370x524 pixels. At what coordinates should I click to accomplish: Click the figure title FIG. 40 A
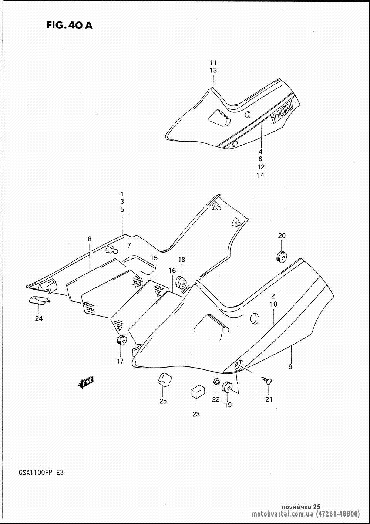(70, 25)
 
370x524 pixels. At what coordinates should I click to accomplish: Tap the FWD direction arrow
(85, 382)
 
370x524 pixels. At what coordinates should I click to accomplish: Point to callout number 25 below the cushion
(163, 401)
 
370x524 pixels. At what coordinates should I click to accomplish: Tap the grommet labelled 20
(281, 257)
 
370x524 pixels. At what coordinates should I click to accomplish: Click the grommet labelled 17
(121, 340)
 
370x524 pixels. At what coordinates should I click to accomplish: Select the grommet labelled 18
(181, 283)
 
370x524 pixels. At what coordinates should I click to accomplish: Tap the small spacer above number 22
(216, 382)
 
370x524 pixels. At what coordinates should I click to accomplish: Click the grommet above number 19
(226, 387)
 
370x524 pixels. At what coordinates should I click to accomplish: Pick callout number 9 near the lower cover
(290, 367)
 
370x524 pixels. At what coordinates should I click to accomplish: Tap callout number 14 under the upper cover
(260, 175)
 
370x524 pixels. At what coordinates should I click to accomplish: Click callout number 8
(90, 239)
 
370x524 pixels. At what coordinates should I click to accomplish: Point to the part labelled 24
(39, 300)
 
